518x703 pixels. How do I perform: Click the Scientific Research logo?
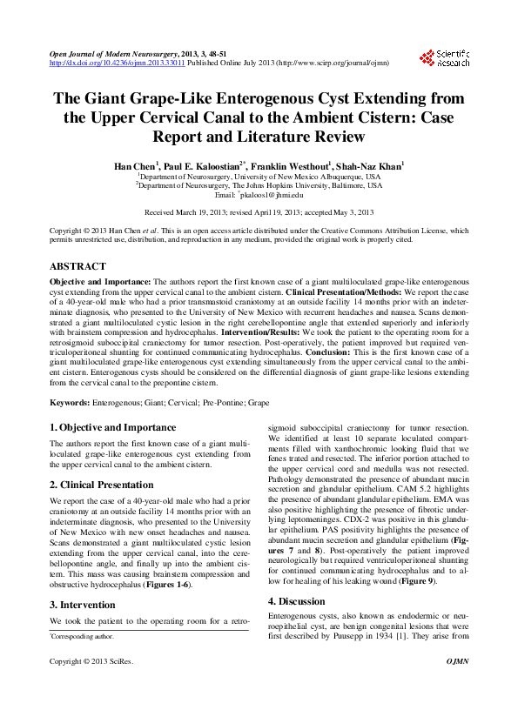tap(444, 58)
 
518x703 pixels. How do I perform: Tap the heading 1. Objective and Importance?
tap(112, 428)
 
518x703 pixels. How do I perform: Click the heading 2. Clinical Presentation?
tap(101, 485)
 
